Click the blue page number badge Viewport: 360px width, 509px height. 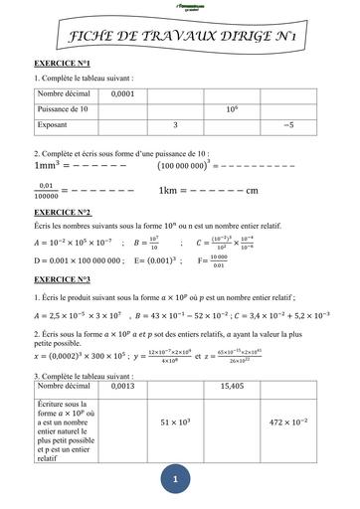[177, 480]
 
